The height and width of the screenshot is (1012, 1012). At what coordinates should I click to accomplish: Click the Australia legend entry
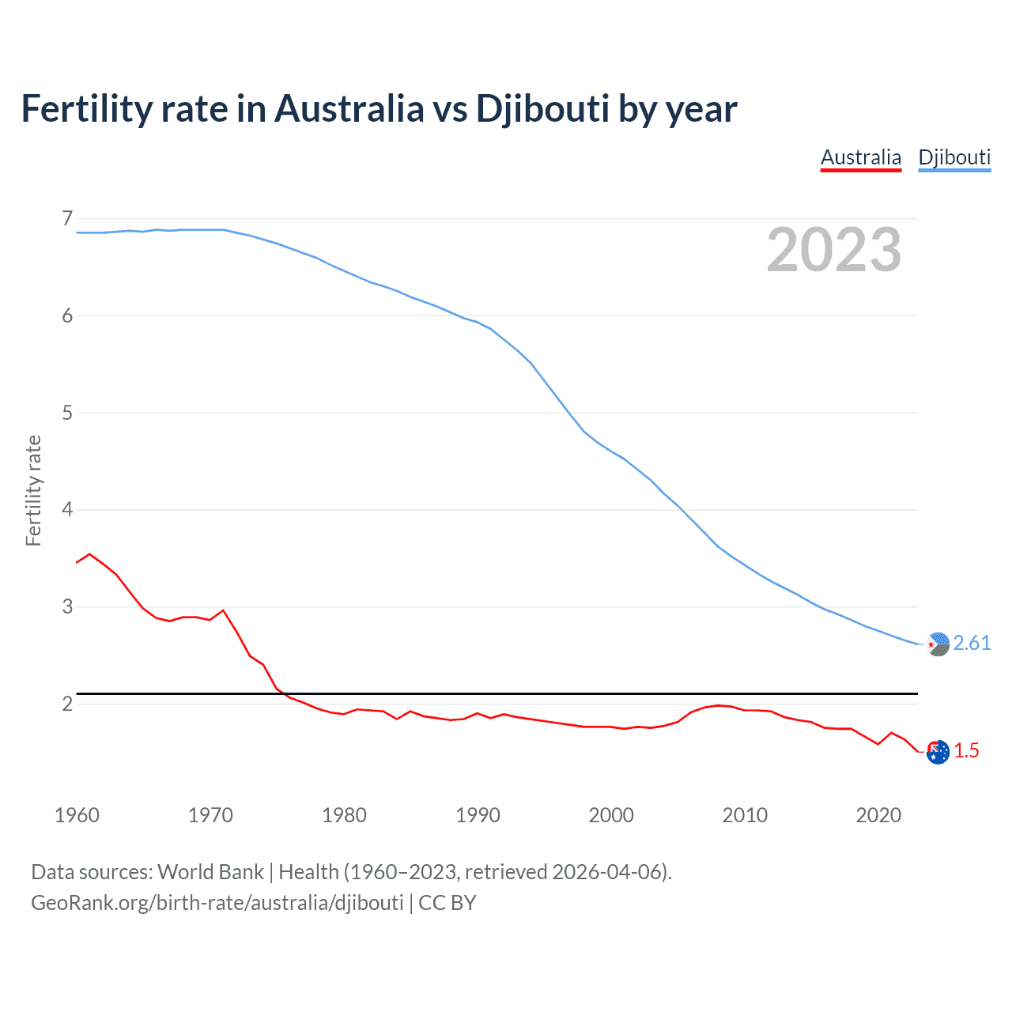click(861, 157)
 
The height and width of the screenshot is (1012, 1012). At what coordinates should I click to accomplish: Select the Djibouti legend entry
click(954, 157)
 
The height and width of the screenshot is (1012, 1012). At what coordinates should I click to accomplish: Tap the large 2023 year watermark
click(833, 250)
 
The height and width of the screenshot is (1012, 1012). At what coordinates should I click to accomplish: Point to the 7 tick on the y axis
click(67, 218)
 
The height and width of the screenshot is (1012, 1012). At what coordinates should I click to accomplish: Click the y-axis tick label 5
click(67, 413)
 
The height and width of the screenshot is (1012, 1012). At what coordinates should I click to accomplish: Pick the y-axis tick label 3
click(67, 606)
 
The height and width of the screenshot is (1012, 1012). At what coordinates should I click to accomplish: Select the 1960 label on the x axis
click(77, 815)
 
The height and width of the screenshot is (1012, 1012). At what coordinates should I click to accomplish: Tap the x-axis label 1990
click(478, 815)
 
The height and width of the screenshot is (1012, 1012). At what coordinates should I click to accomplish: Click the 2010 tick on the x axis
click(745, 815)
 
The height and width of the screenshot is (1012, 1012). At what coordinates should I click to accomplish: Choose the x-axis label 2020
click(878, 815)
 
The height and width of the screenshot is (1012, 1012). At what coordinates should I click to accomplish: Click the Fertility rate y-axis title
click(33, 490)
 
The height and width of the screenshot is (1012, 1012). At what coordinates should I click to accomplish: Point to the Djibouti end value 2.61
click(972, 644)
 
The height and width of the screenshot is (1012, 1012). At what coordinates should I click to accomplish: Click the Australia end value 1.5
click(966, 751)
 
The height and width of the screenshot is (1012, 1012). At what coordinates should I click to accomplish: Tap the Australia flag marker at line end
click(938, 752)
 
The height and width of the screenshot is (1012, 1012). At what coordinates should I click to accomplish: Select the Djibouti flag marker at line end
click(938, 644)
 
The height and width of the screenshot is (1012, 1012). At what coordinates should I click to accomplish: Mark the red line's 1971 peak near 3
click(223, 610)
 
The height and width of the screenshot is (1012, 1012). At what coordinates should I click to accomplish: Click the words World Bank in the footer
click(210, 872)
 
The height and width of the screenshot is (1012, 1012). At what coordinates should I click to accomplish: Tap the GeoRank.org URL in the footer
click(217, 903)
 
